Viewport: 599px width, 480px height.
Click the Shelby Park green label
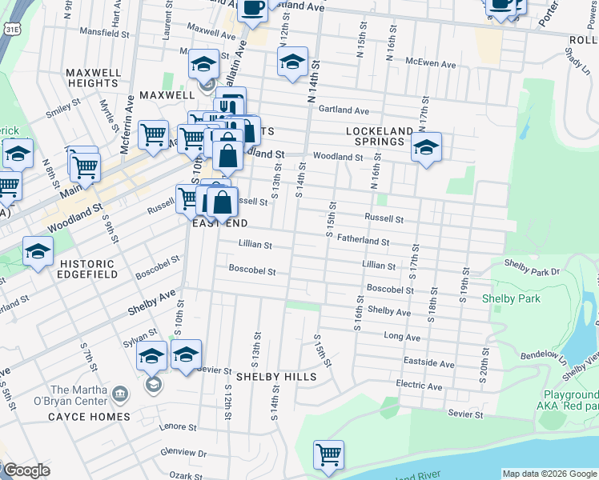[511, 299]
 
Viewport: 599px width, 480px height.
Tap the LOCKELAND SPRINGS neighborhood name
[379, 136]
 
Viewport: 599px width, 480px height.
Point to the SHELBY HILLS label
[275, 376]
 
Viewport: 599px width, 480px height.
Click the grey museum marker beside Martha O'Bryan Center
[120, 393]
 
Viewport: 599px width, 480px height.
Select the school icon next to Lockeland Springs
[427, 147]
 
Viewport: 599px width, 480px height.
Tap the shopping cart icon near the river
[329, 455]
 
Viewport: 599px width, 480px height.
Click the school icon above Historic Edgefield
[38, 252]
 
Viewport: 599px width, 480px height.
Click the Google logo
[26, 470]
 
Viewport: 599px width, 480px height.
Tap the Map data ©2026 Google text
[549, 473]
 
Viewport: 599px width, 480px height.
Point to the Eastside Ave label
[429, 363]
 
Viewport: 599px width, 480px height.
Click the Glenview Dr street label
[184, 454]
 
